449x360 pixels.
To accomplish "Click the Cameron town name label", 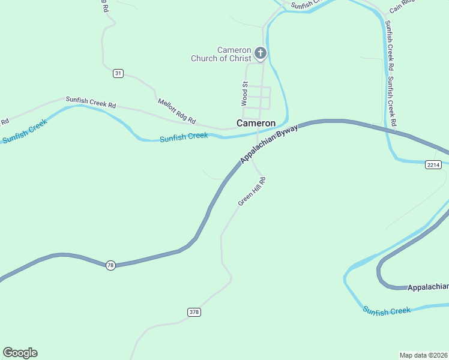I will [256, 123].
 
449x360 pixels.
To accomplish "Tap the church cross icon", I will [261, 53].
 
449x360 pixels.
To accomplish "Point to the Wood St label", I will [245, 94].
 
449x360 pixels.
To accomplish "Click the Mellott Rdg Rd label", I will [177, 111].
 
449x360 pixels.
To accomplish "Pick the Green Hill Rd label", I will [252, 191].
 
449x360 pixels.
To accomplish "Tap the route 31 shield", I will [118, 73].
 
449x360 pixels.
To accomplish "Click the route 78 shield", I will [110, 265].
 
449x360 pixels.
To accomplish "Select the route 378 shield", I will [193, 312].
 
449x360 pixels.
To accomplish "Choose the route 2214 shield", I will [433, 164].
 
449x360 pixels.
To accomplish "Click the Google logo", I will [20, 353].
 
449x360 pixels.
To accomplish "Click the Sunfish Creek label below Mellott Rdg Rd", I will [184, 137].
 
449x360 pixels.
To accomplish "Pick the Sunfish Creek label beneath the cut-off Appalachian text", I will [387, 310].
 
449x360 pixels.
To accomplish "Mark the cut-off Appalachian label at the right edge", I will [427, 287].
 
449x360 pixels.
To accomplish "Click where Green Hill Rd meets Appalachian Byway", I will [251, 157].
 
